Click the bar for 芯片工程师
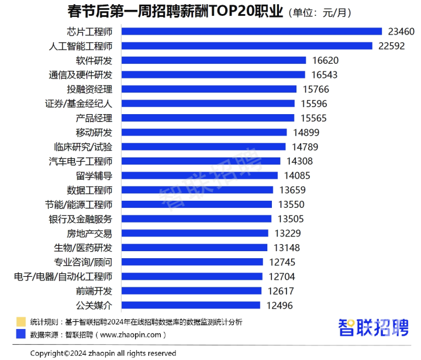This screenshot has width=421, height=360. [249, 31]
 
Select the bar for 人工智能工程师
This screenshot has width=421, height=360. [244, 46]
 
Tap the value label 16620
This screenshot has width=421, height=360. [325, 60]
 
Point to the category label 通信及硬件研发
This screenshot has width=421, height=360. [80, 75]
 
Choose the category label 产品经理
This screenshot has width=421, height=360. [94, 118]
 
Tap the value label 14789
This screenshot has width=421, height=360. [306, 146]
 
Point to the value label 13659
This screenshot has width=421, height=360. [292, 190]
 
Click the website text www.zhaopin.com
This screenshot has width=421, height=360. [132, 335]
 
